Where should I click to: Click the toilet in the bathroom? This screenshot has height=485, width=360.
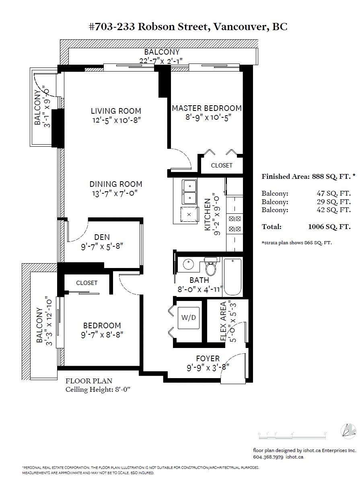pyautogui.click(x=211, y=266)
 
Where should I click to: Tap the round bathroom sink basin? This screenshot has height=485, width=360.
pyautogui.click(x=189, y=264)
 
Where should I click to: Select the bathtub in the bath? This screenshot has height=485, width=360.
pyautogui.click(x=233, y=277)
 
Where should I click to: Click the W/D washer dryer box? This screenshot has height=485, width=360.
pyautogui.click(x=188, y=318)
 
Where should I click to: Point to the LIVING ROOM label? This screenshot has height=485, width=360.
pyautogui.click(x=116, y=111)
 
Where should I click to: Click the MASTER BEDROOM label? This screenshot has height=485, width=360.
pyautogui.click(x=207, y=108)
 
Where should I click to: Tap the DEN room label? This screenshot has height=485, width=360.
pyautogui.click(x=102, y=237)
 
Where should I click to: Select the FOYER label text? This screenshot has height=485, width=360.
pyautogui.click(x=208, y=358)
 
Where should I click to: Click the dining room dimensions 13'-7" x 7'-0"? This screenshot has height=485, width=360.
pyautogui.click(x=115, y=193)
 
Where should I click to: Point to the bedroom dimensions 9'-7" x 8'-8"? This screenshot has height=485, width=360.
pyautogui.click(x=102, y=335)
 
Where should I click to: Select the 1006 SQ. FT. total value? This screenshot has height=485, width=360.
pyautogui.click(x=329, y=227)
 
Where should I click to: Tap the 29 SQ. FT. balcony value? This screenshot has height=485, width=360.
pyautogui.click(x=334, y=202)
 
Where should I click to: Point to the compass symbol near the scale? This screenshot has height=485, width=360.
pyautogui.click(x=348, y=431)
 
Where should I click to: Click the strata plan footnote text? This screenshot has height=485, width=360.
pyautogui.click(x=297, y=243)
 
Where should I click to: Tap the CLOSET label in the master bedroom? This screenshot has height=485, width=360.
pyautogui.click(x=222, y=165)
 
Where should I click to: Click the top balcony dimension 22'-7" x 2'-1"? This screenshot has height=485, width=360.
pyautogui.click(x=161, y=61)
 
